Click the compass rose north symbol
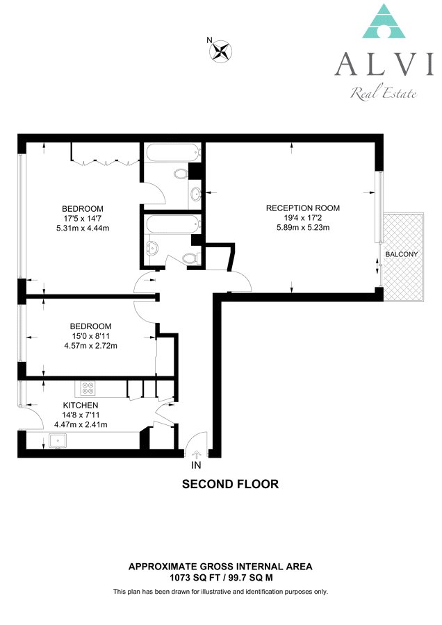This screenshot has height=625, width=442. point(220,51)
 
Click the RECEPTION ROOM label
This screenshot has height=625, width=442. point(303,208)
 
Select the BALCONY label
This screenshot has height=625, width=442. point(401,254)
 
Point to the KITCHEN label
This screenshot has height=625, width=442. point(81,405)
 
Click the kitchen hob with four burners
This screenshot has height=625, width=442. point(88,388)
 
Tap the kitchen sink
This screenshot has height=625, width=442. point(58,440)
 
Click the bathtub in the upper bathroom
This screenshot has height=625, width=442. point(173,153)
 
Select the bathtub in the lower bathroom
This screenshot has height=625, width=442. point(173,224)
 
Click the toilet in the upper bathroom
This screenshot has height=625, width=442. point(181,174)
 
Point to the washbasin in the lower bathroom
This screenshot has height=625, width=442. point(152,249)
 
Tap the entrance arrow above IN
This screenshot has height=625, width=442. point(196,454)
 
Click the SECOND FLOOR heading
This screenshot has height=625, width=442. point(230,484)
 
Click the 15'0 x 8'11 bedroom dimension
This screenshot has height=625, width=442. point(90,336)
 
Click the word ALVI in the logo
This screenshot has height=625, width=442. point(384,64)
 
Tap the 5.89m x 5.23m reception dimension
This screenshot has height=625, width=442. point(303,227)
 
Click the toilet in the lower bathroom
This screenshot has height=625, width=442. point(191,258)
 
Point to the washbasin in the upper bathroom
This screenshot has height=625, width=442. point(195,194)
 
